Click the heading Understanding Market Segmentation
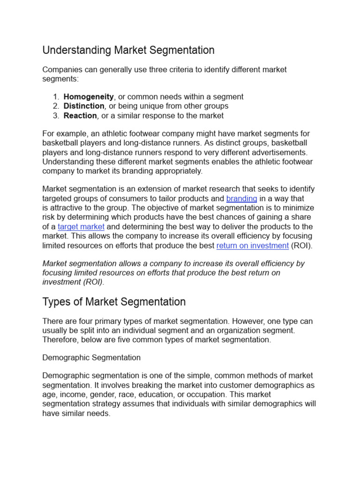click(x=128, y=50)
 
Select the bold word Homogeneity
click(x=89, y=97)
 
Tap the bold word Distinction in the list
click(x=84, y=106)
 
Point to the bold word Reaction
click(x=80, y=115)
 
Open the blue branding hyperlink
click(x=241, y=198)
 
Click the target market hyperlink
click(x=81, y=226)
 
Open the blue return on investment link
click(x=252, y=245)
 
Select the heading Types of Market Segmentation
click(x=114, y=301)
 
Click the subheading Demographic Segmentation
click(x=91, y=357)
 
